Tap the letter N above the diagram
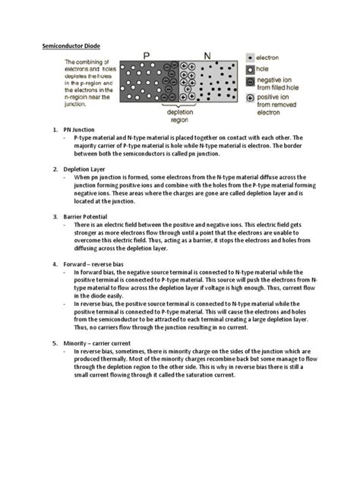pyautogui.click(x=208, y=56)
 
